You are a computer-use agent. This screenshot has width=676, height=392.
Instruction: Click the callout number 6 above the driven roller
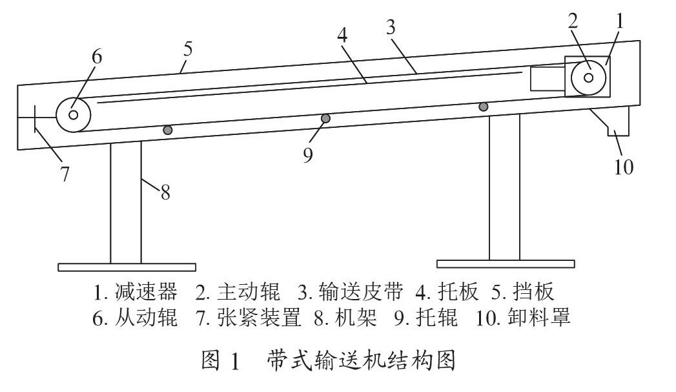[x=97, y=56]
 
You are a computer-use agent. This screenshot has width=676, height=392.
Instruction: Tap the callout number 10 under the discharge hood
[x=624, y=167]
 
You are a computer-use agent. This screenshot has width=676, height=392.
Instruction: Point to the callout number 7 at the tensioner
[x=65, y=174]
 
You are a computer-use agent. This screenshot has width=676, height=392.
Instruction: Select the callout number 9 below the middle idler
[x=307, y=155]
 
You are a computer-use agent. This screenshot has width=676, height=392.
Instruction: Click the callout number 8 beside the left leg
[x=165, y=192]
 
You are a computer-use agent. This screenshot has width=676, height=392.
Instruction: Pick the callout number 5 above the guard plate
[x=187, y=49]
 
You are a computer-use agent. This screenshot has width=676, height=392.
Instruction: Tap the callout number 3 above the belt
[x=391, y=27]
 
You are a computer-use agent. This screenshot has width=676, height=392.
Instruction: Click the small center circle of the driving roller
[x=588, y=77]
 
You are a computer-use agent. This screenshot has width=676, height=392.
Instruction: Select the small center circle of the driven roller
[x=73, y=115]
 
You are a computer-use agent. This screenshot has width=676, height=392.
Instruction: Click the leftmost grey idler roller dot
[x=168, y=130]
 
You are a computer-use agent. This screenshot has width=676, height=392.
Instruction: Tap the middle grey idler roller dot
[x=325, y=118]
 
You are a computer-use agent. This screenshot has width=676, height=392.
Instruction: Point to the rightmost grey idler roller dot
[x=484, y=106]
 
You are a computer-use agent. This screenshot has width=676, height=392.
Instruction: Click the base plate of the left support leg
[x=127, y=267]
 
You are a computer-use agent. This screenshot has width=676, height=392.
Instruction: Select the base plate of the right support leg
[x=506, y=264]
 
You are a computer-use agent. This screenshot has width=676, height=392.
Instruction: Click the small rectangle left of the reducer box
[x=548, y=79]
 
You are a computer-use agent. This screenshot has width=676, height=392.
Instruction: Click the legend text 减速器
[x=146, y=292]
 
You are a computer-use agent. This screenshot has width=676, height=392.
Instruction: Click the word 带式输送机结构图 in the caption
[x=362, y=360]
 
